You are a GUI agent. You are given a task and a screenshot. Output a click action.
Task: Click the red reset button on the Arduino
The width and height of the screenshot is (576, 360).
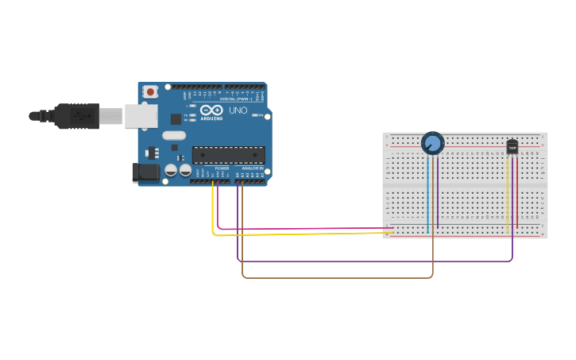click(x=150, y=92)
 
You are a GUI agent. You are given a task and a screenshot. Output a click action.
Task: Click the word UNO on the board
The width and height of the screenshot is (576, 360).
click(x=238, y=110)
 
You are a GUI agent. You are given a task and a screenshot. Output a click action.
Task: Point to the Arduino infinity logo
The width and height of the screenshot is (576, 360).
click(x=211, y=110)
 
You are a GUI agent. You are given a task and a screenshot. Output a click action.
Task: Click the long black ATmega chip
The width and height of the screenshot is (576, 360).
click(x=228, y=155)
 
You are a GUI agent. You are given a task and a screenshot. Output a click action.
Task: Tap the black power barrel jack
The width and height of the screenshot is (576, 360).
click(x=145, y=172)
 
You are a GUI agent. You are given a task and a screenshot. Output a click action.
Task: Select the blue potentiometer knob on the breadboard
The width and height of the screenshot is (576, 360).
click(x=432, y=143)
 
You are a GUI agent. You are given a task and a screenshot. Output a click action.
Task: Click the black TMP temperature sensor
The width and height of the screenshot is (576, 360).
click(x=512, y=147)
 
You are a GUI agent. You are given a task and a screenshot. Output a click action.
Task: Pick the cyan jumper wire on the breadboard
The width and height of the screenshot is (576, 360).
click(x=427, y=195)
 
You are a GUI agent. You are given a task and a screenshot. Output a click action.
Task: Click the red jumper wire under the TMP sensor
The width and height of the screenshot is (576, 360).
click(x=517, y=195)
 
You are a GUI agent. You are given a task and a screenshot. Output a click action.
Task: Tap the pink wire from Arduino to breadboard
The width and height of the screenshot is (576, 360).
click(x=302, y=229)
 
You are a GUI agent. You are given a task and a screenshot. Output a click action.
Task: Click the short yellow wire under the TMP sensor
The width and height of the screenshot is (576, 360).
click(x=507, y=195)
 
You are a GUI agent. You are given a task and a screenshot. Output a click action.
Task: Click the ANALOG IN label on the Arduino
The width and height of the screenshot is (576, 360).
click(x=253, y=168)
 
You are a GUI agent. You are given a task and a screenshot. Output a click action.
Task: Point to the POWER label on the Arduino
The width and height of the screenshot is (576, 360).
click(x=222, y=168)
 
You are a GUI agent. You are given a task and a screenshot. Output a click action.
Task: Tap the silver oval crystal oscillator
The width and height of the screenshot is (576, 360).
click(x=174, y=135)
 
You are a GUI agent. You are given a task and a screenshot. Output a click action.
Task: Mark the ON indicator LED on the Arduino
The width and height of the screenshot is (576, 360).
click(x=257, y=116)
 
